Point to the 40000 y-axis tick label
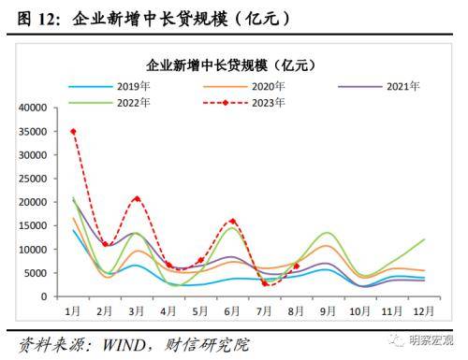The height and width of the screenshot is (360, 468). pos(32,108)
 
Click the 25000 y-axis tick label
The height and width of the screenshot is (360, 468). pos(32,179)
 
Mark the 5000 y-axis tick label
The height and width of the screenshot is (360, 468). pos(36,273)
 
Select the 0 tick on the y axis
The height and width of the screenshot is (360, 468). pos(43,296)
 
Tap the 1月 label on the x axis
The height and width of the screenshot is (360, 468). pos(72,310)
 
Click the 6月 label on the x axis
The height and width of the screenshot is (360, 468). pos(232,310)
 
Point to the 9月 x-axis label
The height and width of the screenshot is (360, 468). pos(328,310)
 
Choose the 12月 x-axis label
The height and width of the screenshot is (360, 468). pos(423,310)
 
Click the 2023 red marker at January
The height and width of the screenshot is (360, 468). pos(73,131)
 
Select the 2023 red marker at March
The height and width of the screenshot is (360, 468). pos(137,198)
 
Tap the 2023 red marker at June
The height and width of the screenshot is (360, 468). pos(232,222)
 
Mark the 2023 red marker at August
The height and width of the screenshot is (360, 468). pos(296,266)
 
